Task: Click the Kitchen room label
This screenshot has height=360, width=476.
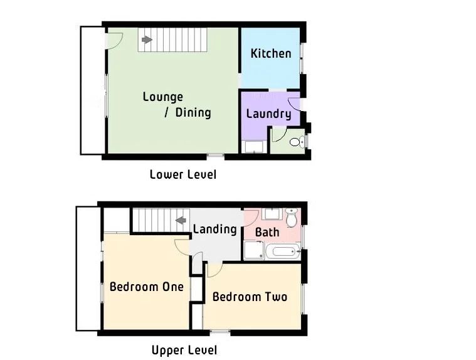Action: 271,53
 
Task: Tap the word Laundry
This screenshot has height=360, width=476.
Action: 268,114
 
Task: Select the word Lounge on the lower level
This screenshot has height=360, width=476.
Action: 163,97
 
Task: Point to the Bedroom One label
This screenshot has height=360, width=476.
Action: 147,287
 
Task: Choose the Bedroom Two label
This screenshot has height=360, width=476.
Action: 250,296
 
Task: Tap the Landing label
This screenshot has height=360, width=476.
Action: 214,229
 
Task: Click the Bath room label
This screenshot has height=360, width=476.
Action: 267,232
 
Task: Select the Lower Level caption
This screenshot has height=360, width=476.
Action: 183,174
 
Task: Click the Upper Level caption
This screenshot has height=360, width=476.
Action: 184,350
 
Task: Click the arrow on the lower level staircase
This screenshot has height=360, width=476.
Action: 147,40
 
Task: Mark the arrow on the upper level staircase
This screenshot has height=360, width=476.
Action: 182,220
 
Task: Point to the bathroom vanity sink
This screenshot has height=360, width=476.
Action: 272,214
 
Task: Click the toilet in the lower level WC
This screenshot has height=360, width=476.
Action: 297,142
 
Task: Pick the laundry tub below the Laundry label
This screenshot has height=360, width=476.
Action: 254,147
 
